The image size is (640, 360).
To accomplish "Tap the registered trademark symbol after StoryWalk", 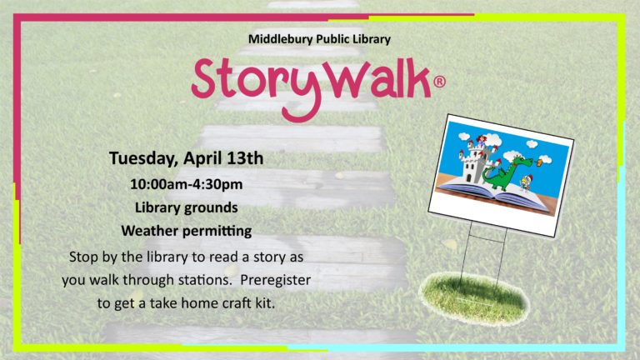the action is (x=439, y=82).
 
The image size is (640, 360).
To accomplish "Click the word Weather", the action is (x=149, y=231).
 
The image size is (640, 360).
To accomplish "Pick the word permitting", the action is (x=217, y=232).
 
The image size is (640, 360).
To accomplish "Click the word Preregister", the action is (x=276, y=280).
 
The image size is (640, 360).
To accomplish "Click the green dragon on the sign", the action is (x=505, y=172).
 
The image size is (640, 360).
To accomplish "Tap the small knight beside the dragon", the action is (x=525, y=183).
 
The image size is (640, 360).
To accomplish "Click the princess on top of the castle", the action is (x=482, y=142).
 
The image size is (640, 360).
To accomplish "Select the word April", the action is (x=202, y=158).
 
